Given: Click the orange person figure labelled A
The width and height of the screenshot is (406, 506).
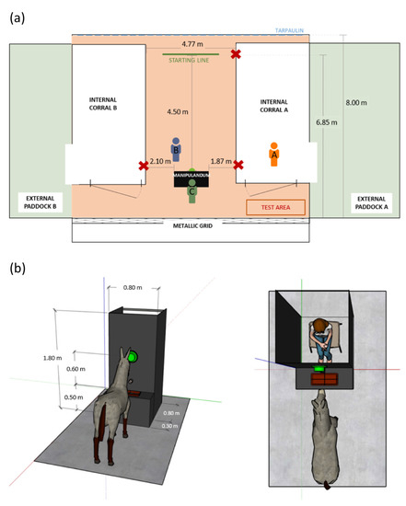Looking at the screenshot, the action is [274, 155].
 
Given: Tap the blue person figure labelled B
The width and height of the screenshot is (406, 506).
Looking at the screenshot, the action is [176, 149].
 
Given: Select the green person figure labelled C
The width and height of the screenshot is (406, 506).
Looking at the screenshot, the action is [191, 191].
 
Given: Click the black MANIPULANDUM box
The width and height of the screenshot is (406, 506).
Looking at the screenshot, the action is [191, 179].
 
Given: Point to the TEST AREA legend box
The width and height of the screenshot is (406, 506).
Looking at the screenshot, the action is [275, 207].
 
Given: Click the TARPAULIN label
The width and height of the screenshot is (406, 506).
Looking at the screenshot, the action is [289, 30].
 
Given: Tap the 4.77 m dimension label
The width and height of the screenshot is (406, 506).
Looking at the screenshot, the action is [192, 44].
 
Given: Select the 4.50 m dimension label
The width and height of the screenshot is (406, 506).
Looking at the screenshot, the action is [178, 111].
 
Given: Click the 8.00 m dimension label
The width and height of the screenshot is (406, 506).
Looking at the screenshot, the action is [356, 103].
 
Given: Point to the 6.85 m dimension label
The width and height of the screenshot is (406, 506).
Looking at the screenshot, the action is [327, 122].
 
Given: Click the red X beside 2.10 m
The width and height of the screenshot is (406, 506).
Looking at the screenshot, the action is [144, 166].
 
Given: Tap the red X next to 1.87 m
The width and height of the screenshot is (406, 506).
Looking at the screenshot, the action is [238, 165].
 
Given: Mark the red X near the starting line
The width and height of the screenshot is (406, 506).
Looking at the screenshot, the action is [236, 54].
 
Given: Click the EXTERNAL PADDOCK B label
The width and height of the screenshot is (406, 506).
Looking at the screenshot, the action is [41, 202].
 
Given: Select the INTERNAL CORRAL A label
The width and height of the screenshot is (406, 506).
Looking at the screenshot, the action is [274, 106].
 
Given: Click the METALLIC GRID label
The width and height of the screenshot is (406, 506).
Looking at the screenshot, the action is [192, 226].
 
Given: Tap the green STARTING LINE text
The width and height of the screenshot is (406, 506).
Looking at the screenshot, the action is [189, 60].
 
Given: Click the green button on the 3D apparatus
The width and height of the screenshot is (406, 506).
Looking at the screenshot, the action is [133, 357].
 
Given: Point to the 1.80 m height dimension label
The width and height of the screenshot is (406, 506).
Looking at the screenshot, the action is [52, 358].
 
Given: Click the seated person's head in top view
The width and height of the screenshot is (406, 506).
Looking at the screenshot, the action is [319, 327].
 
